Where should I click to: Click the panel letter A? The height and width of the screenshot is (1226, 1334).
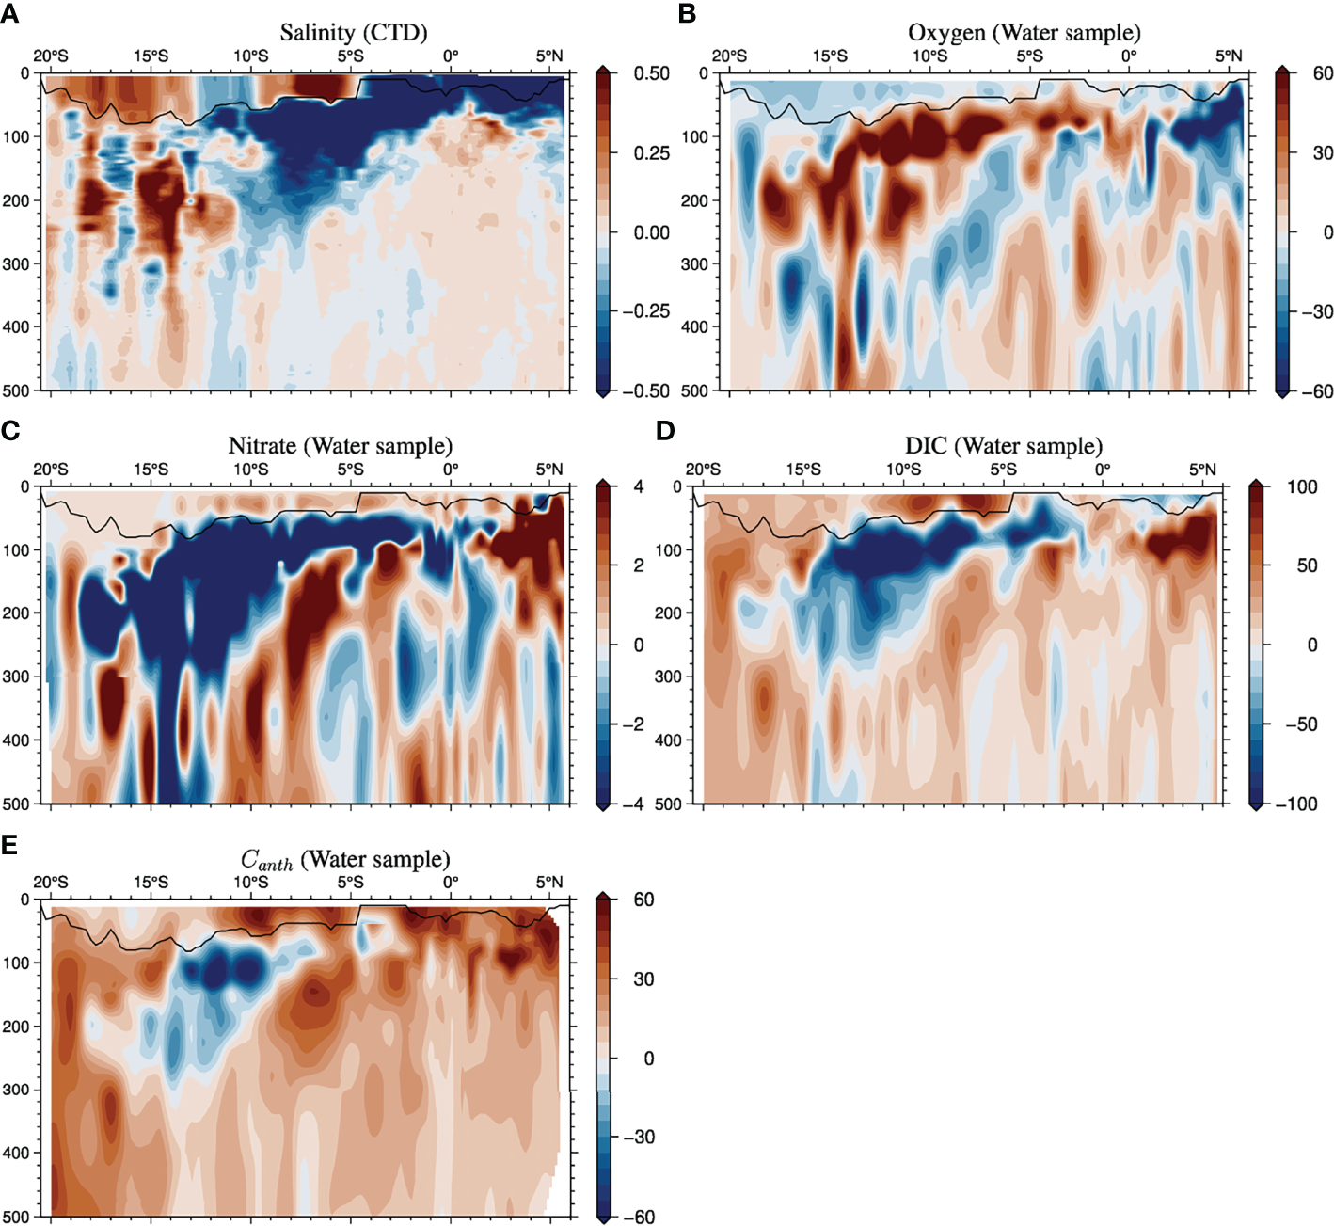point(9,13)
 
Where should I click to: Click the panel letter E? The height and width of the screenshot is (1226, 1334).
point(9,844)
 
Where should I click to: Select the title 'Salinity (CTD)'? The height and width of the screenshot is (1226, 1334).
point(354,33)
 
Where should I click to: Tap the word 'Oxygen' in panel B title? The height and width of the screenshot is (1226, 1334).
point(946,33)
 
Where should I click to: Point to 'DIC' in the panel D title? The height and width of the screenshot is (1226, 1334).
point(926,446)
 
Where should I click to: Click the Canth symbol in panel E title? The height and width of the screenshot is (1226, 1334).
point(266,860)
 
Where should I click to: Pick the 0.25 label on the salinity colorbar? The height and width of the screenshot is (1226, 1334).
point(651,152)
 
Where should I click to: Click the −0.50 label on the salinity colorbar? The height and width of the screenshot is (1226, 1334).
point(645,390)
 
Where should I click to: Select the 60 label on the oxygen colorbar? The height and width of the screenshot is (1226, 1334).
point(1323,73)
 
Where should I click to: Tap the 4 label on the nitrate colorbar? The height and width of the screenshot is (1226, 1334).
point(639,486)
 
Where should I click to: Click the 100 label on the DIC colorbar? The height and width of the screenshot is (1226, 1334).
point(1302,486)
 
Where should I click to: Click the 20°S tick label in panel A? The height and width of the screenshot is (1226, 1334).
point(51,56)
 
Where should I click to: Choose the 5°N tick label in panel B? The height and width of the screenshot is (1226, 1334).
point(1228,56)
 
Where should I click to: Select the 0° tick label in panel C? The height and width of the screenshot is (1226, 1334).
point(451,470)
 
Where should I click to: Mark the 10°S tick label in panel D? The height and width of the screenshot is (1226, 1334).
point(903,470)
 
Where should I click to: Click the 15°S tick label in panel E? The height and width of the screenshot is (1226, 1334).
point(151,882)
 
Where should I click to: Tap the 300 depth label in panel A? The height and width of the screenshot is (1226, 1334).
point(16,264)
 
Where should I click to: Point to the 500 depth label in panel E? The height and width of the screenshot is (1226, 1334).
point(16,1217)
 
